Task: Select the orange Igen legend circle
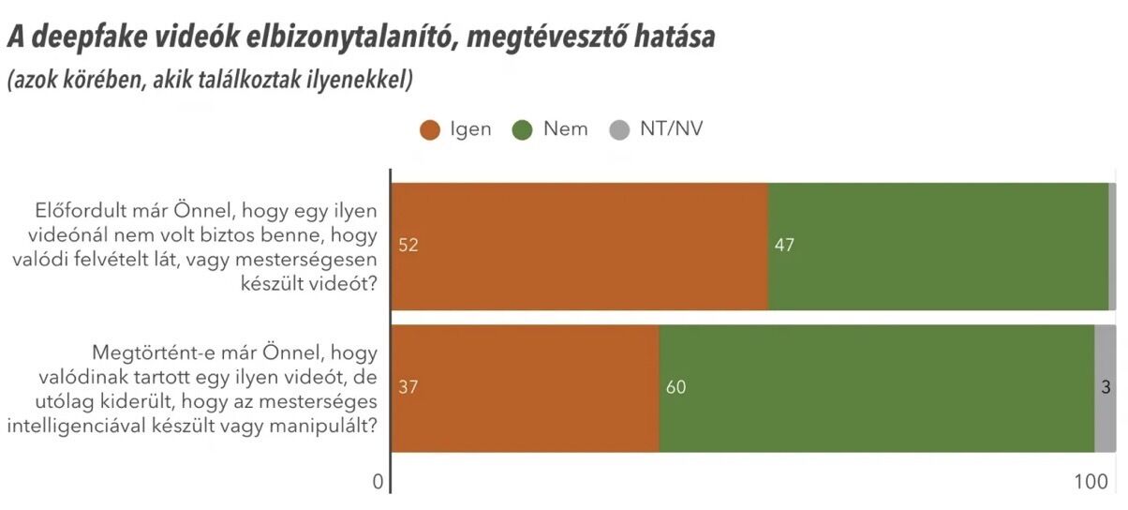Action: click(431, 130)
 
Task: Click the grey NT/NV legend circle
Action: click(618, 130)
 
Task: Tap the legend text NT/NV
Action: click(670, 129)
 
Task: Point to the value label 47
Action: click(784, 246)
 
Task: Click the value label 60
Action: click(675, 388)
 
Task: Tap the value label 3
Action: click(1106, 388)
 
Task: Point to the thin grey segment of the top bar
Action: click(1112, 246)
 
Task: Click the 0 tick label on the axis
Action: click(378, 482)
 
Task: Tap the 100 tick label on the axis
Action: click(1091, 482)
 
